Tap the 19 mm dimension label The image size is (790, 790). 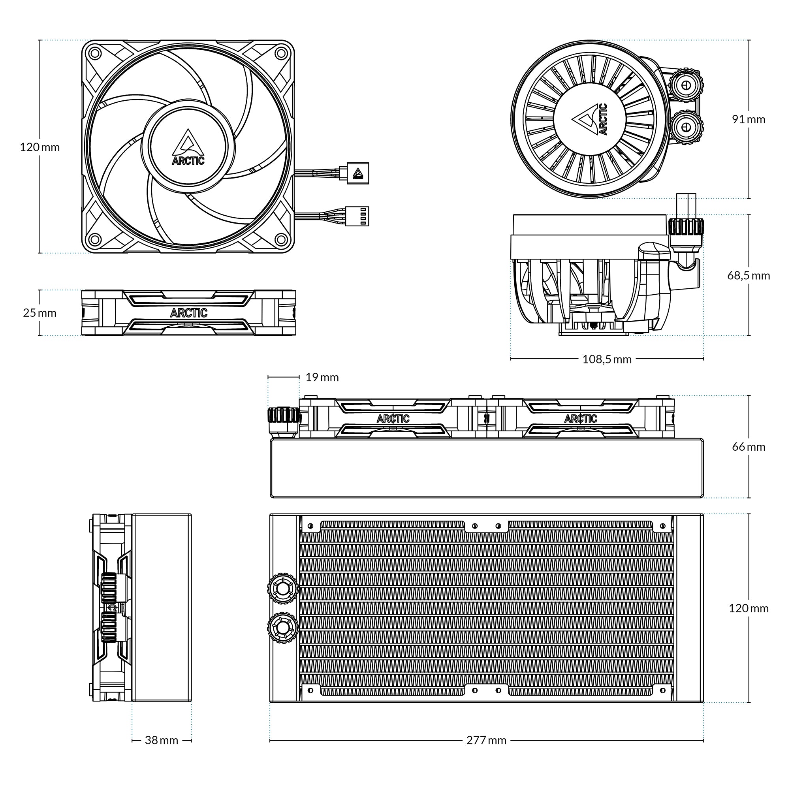point(322,377)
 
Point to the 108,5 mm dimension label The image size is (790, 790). point(607,359)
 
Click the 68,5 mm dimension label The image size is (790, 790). point(748,275)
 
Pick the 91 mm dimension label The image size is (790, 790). point(748,119)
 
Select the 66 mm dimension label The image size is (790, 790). point(748,446)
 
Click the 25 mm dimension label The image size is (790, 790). point(39,313)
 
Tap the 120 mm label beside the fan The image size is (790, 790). point(39,147)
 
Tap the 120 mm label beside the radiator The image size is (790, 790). point(748,608)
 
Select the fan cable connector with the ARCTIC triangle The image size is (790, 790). point(358,173)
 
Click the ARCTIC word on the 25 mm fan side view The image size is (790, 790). point(188,313)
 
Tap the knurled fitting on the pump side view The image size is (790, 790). point(687,226)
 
